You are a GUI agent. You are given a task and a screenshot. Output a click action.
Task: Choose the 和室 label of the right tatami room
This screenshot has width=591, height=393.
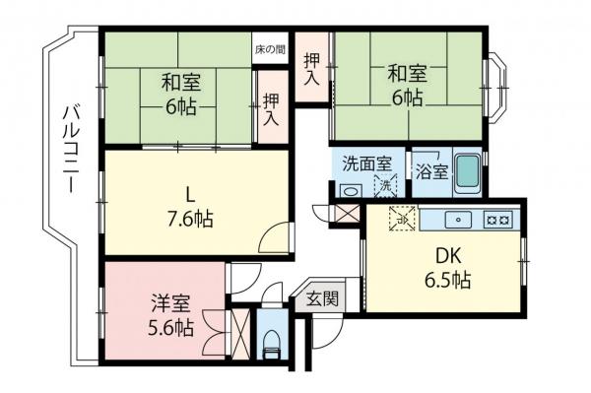[x=406, y=73]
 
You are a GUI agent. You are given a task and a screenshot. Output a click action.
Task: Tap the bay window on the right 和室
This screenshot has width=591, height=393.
[x=497, y=86]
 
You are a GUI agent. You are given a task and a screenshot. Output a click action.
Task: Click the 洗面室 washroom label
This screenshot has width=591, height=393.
[x=366, y=164]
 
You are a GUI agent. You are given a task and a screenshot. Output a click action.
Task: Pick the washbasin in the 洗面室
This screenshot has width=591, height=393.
[x=345, y=189]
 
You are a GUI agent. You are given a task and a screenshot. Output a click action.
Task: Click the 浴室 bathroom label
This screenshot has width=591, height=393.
[x=431, y=170]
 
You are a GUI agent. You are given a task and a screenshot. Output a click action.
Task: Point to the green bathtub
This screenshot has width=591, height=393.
[x=469, y=173]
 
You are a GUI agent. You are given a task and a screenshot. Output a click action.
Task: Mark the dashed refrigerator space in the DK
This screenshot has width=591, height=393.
[x=402, y=219]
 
